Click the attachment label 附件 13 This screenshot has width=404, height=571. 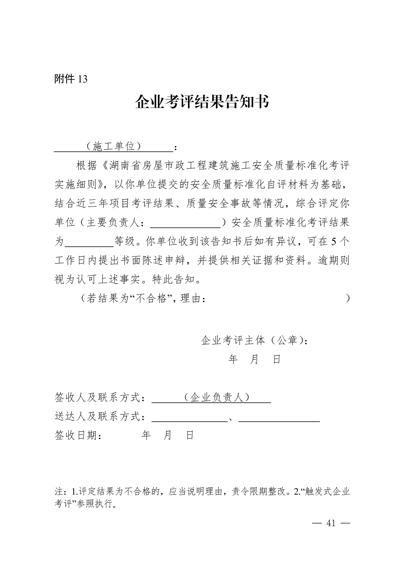pos(71,79)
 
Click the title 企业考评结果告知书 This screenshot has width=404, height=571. pos(202,102)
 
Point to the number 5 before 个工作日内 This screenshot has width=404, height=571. pos(335,241)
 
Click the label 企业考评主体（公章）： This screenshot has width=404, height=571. pos(254,340)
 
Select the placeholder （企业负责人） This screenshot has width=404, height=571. pos(217,397)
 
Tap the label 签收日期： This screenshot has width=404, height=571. pos(79,435)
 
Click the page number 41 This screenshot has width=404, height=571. pos(331,523)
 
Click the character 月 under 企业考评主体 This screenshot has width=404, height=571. pos(254,359)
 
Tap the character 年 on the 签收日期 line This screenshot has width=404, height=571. pos(146,435)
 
